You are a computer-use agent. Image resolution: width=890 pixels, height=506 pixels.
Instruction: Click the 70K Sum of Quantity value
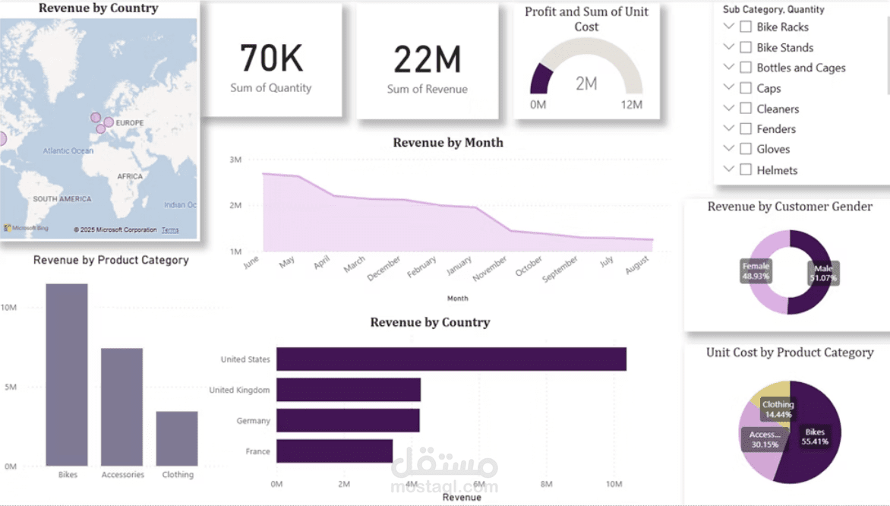pos(271,59)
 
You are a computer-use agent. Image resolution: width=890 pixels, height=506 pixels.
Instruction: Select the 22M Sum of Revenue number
pos(427,60)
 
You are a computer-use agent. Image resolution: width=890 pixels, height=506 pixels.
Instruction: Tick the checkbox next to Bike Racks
pos(746,27)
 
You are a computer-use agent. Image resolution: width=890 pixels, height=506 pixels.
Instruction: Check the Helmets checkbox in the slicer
pos(746,170)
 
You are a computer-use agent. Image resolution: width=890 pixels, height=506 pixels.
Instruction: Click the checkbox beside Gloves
pos(746,150)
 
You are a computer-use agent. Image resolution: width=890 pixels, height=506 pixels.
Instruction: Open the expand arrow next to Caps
pos(729,88)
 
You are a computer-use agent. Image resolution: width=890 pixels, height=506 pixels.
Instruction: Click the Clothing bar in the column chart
pos(177,438)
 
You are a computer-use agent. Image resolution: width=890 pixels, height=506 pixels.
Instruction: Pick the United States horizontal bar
pos(451,359)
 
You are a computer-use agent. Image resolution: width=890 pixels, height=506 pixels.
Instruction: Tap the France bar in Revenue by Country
pos(334,451)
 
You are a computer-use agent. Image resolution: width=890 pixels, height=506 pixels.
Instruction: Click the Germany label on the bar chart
pos(253,421)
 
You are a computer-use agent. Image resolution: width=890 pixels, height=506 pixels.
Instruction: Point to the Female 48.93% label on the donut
pos(756,271)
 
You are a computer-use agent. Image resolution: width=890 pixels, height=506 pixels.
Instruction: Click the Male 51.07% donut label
pos(824,273)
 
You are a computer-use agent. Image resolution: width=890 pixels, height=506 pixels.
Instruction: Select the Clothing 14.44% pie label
pos(778,410)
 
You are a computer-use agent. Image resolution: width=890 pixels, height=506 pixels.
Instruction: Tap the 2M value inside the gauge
pos(585,84)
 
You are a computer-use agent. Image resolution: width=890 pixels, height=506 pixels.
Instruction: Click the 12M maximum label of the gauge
pos(631,105)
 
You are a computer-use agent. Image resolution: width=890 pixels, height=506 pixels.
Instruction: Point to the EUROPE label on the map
pos(129,123)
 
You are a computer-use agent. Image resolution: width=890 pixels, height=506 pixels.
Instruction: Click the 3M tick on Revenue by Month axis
pos(235,160)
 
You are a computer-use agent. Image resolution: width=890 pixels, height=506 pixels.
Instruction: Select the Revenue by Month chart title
pos(447,143)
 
